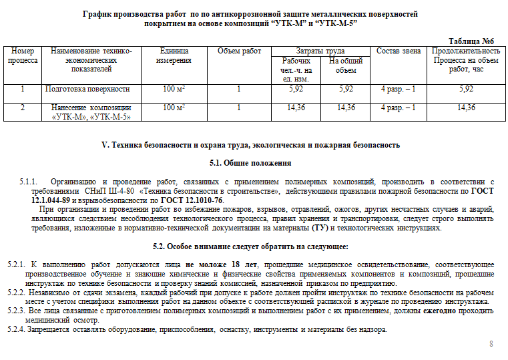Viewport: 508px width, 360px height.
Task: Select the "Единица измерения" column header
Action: point(174,55)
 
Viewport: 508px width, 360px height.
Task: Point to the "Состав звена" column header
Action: point(399,51)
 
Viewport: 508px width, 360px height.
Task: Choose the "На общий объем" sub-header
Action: point(346,65)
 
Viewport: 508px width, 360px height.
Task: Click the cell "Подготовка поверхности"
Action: point(92,89)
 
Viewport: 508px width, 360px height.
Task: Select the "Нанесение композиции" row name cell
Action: point(91,112)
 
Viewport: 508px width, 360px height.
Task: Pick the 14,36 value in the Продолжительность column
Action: point(466,107)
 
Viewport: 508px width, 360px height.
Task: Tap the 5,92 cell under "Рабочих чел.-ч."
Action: point(296,89)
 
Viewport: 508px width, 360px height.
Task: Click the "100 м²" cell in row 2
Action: point(174,107)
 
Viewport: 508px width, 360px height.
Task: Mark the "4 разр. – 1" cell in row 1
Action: point(399,89)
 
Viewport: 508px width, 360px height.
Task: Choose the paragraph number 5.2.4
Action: point(15,329)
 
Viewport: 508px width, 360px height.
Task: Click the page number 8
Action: point(491,344)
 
